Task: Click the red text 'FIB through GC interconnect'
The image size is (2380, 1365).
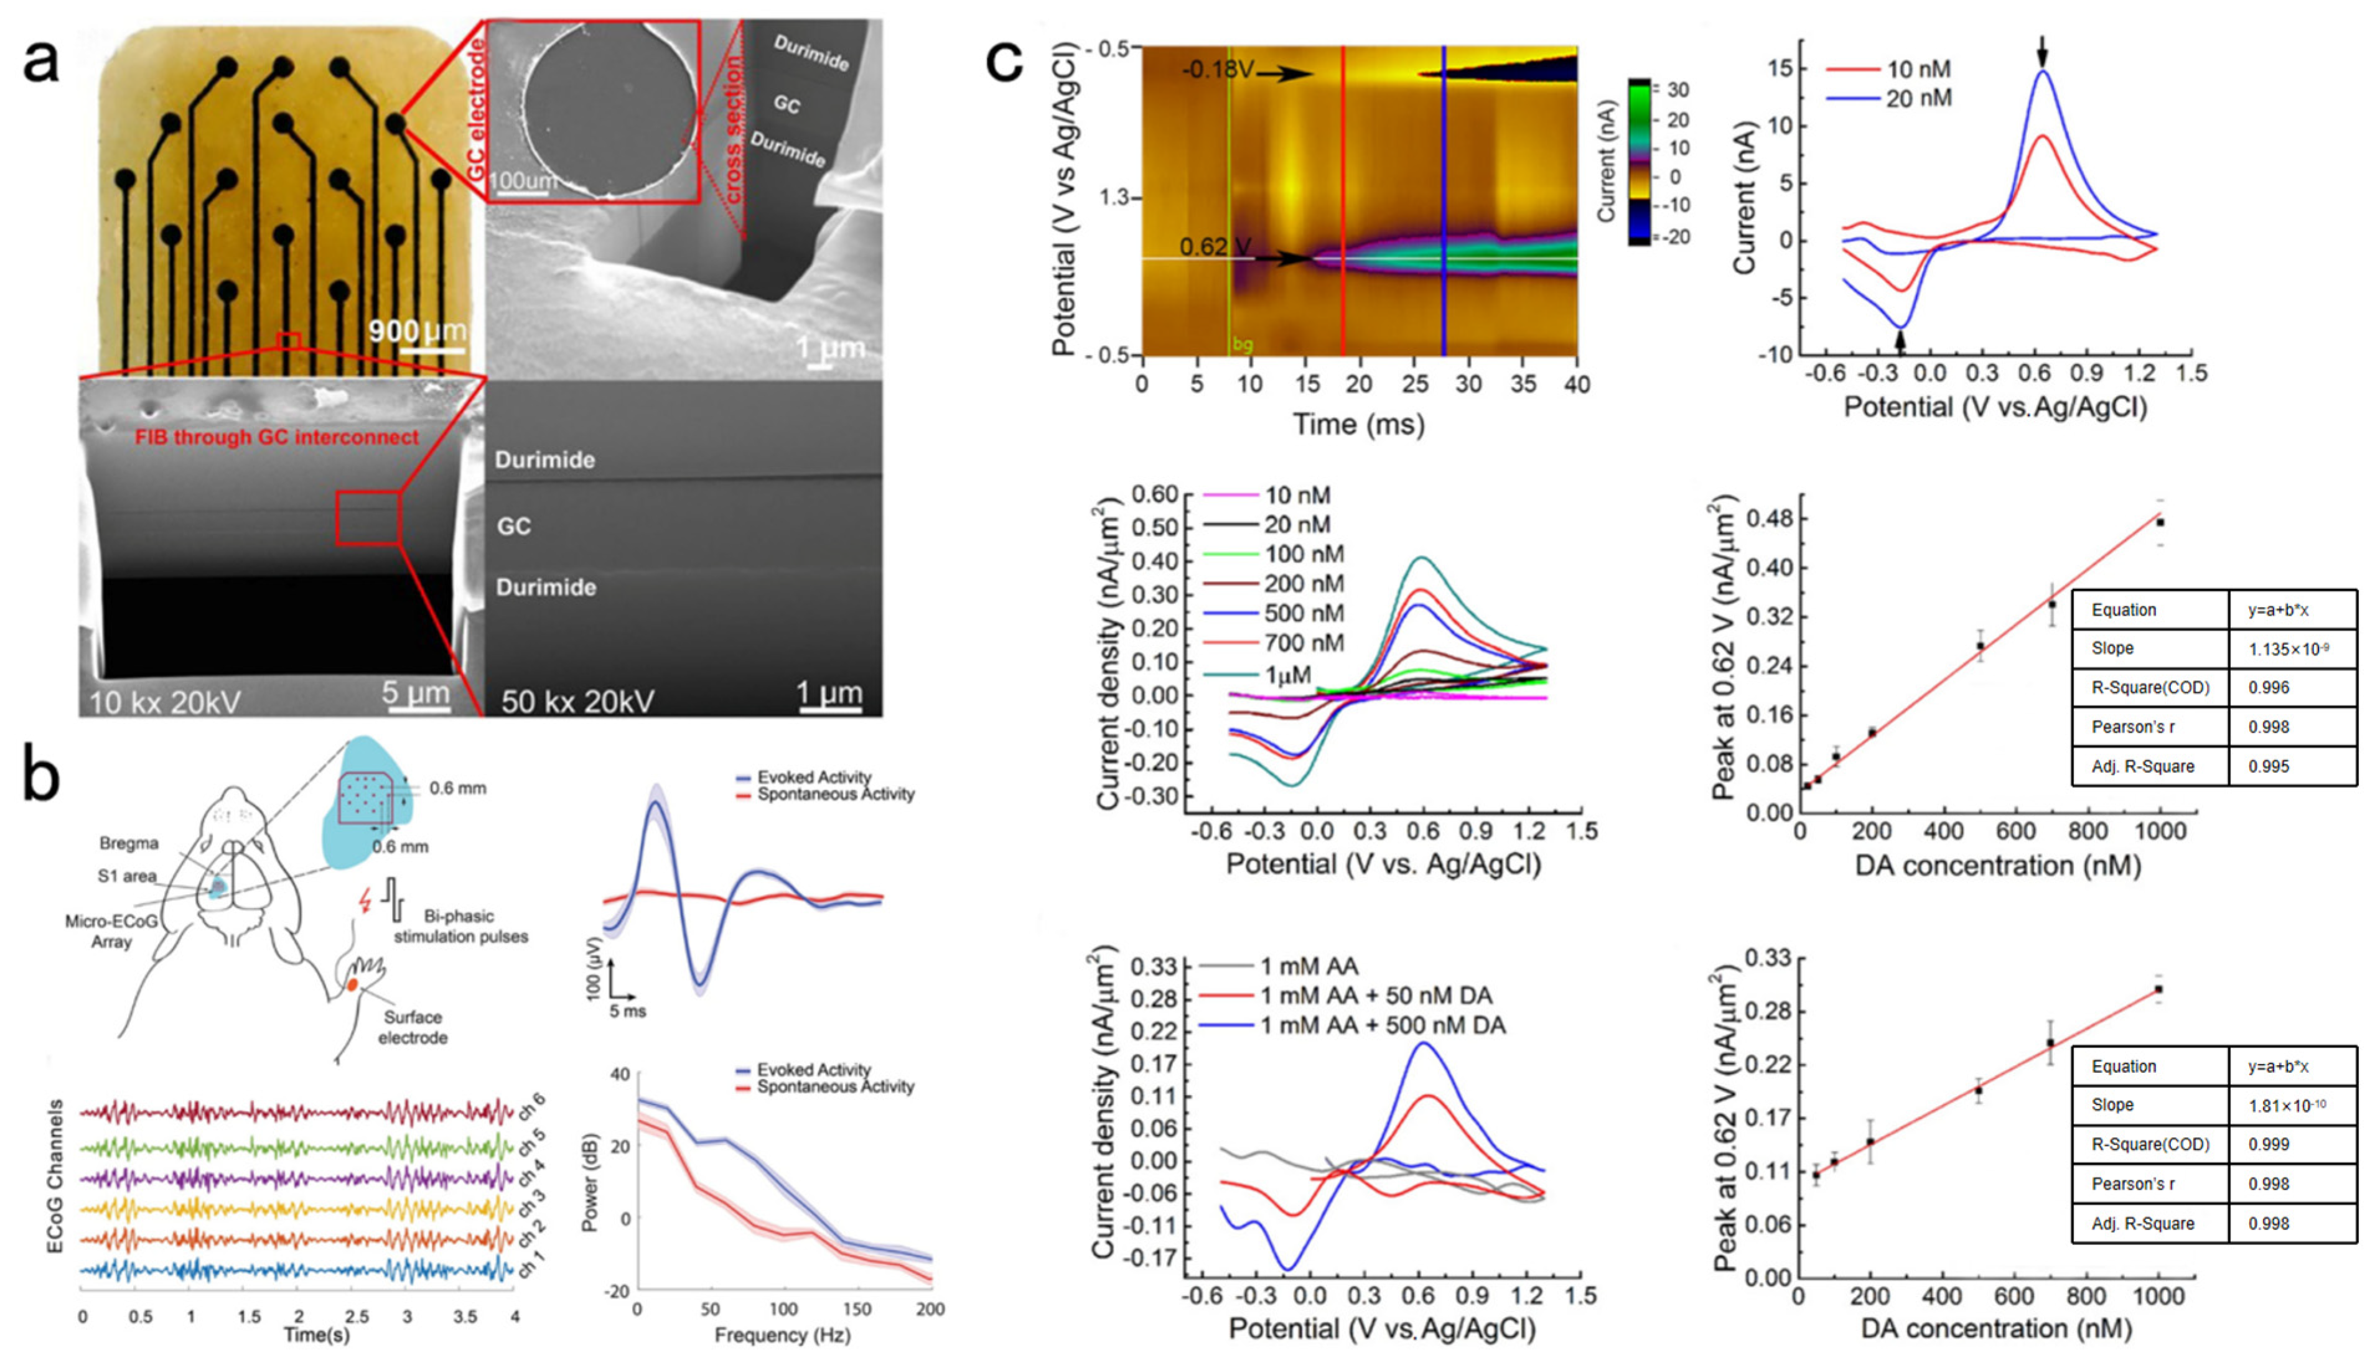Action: click(277, 437)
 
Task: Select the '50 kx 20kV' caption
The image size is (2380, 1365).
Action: click(577, 701)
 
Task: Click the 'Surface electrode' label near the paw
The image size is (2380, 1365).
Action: click(413, 1027)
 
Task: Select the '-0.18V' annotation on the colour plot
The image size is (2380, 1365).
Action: click(1217, 70)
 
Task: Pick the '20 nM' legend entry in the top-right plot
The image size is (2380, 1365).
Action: click(1918, 98)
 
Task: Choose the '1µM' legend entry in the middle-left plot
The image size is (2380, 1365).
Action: click(1287, 674)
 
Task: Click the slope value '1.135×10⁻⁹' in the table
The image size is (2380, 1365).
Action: click(2288, 649)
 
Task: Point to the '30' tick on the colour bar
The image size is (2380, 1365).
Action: click(1678, 90)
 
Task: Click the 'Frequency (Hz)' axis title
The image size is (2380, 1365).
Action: click(782, 1334)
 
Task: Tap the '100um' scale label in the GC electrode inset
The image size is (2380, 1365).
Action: click(526, 180)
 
